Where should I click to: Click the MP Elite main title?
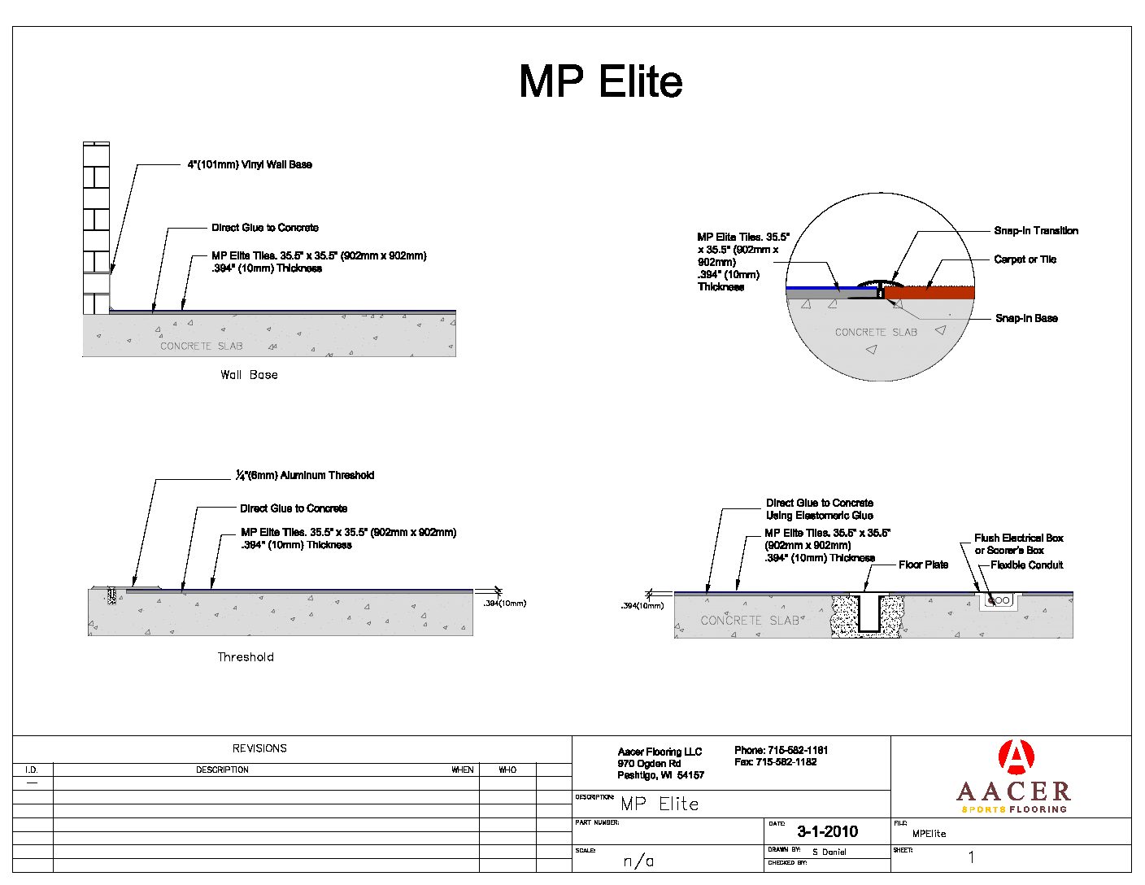tap(600, 81)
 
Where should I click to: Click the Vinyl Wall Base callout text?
tap(250, 164)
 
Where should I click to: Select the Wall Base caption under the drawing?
tap(249, 375)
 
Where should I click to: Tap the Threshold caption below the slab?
tap(246, 657)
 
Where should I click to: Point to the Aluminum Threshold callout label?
tap(305, 475)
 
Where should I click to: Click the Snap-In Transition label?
tap(1036, 231)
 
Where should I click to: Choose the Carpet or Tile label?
tap(1025, 259)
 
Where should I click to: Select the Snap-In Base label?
tap(1026, 318)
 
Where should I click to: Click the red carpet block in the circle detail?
tap(929, 293)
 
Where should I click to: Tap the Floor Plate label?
tap(923, 565)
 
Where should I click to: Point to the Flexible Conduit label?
tap(1026, 565)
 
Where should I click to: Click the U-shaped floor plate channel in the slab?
tap(869, 615)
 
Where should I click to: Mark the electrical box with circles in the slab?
tap(999, 601)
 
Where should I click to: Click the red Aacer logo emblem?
tap(1015, 757)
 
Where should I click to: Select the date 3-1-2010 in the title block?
tap(827, 831)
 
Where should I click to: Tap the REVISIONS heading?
tap(259, 748)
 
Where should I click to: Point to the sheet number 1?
tap(971, 857)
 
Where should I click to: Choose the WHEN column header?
tap(463, 769)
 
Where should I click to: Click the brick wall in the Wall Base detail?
tap(96, 228)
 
